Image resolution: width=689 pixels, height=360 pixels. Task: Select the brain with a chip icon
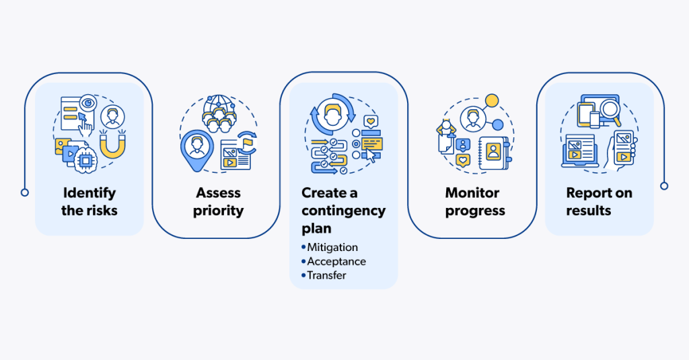pos(85,159)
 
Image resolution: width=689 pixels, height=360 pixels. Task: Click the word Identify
pos(89,193)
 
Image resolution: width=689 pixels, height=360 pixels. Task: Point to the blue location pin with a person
pos(196,147)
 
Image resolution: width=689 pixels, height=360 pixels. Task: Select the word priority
pos(218,211)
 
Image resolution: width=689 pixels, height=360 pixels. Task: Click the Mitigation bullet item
pos(332,247)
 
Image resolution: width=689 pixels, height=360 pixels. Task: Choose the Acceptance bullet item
pos(336,261)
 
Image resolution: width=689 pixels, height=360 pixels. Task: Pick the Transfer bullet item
pos(326,275)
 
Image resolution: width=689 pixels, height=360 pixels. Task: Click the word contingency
pos(343,211)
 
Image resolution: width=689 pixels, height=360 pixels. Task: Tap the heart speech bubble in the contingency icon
pos(369,122)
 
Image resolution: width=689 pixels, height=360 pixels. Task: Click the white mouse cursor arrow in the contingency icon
pos(370,156)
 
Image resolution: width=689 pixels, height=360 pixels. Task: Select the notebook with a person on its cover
pos(493,151)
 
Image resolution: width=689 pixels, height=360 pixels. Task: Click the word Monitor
pos(472,193)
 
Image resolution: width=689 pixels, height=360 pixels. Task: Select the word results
pos(589,211)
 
